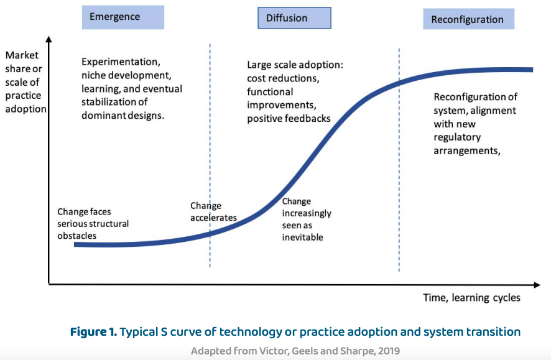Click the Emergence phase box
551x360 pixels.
(123, 17)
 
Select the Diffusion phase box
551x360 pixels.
(295, 18)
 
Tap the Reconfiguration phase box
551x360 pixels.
(469, 19)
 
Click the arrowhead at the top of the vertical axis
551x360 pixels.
(49, 39)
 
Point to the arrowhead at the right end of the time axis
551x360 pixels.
(537, 285)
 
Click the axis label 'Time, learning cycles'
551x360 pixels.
(471, 297)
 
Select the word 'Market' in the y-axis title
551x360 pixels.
(22, 55)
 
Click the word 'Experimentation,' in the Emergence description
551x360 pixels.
(121, 62)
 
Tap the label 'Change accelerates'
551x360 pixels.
(213, 211)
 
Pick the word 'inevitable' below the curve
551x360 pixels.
(303, 237)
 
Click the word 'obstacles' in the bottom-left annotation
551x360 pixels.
(77, 236)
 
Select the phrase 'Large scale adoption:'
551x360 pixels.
(295, 65)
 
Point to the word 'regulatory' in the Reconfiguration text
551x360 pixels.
(457, 137)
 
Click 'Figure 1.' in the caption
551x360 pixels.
(93, 331)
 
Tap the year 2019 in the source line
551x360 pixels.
(389, 351)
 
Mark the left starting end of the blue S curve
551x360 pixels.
(75, 244)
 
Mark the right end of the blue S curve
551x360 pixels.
(532, 70)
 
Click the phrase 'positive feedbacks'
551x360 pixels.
(289, 119)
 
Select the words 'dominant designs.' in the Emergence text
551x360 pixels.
(123, 116)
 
